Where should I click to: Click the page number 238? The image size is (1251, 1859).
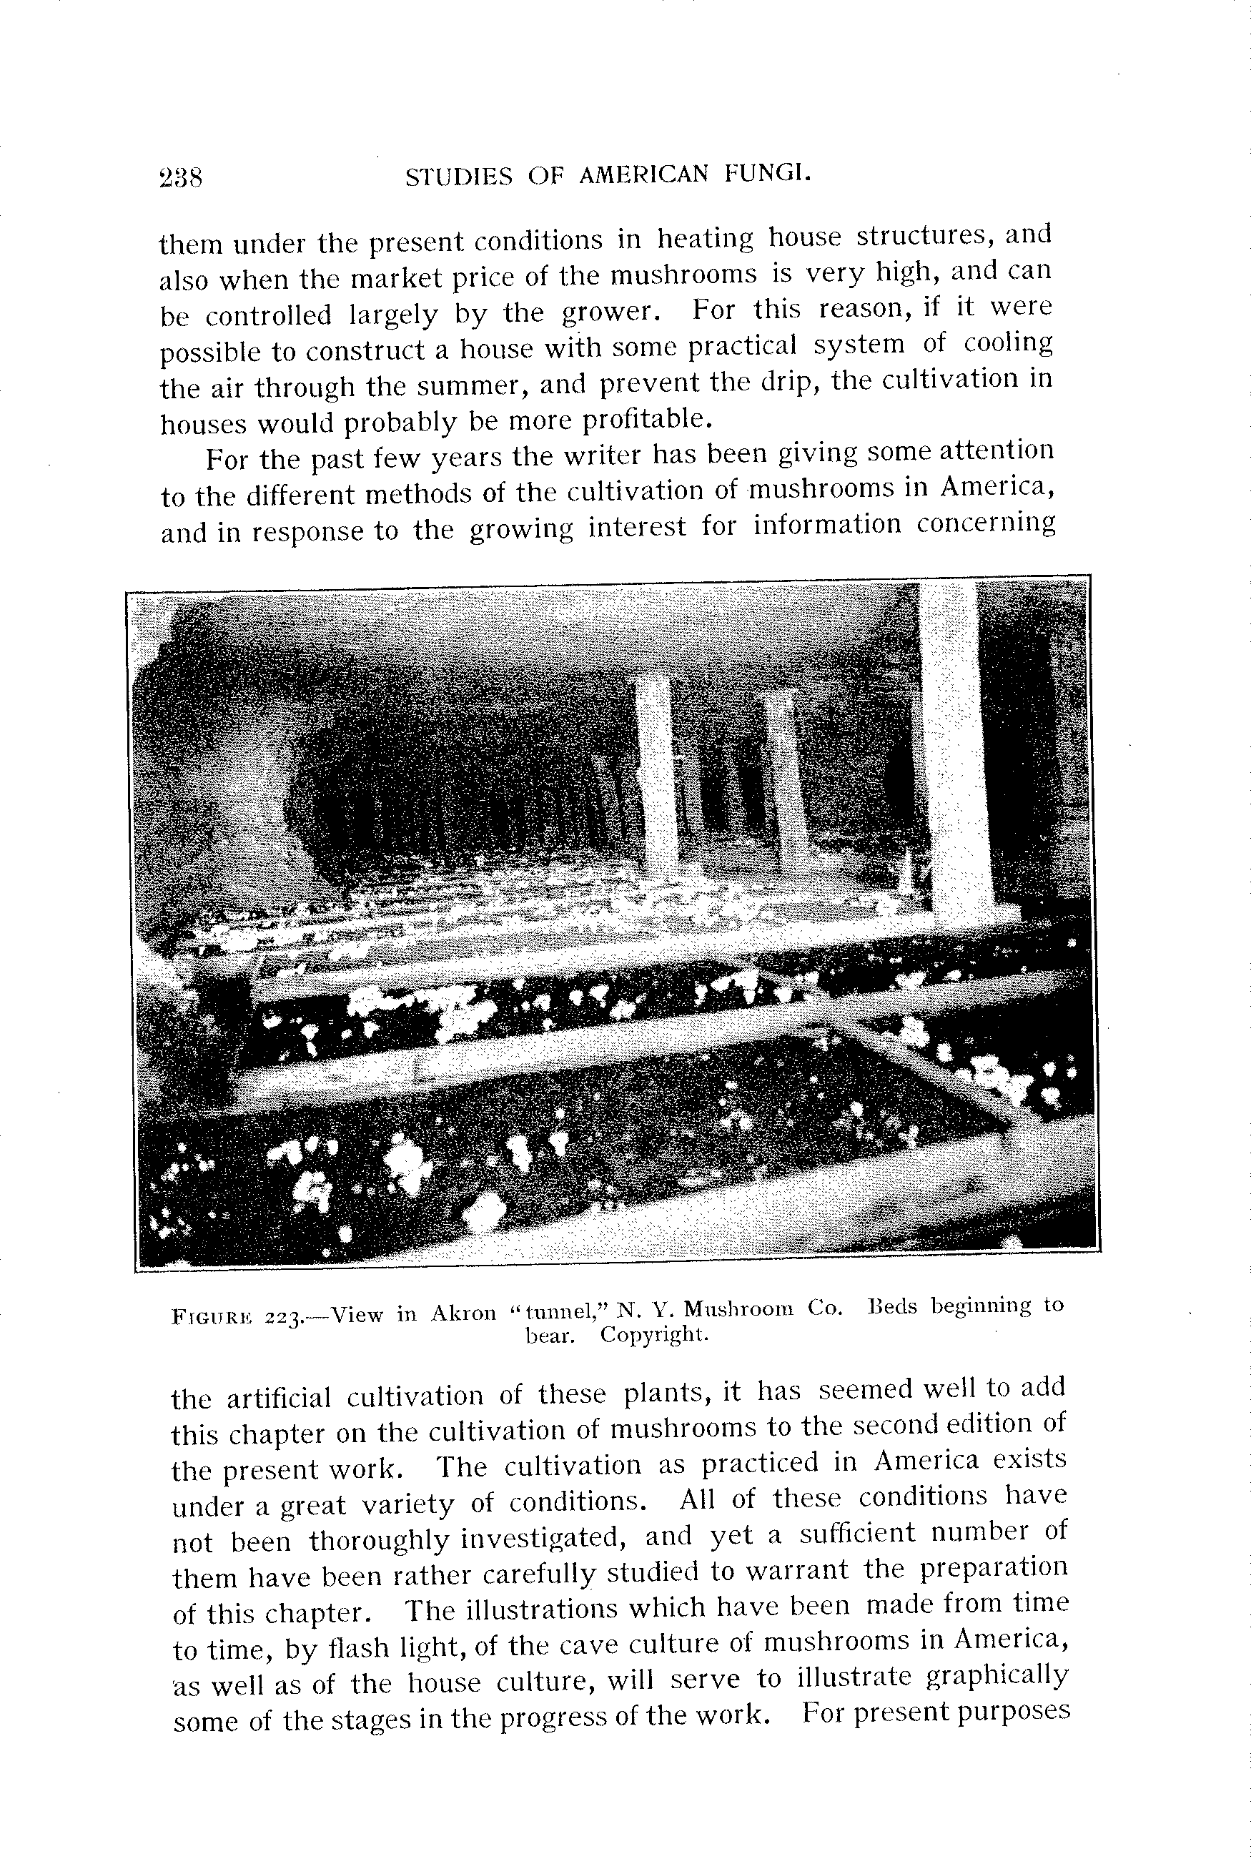click(181, 177)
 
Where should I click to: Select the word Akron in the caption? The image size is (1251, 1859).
click(463, 1313)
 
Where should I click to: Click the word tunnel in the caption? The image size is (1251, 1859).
click(563, 1311)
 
